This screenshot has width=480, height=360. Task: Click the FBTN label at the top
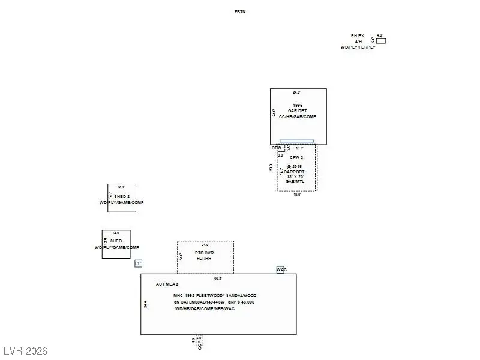tap(240, 11)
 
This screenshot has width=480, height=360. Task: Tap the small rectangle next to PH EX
tap(381, 41)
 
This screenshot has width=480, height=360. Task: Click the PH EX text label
tap(358, 36)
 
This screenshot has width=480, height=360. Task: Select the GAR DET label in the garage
tap(298, 111)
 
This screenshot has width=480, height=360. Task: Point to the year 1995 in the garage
tap(298, 106)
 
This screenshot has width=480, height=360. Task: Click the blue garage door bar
tap(296, 142)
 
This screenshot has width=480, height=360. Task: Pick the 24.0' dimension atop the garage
tap(296, 92)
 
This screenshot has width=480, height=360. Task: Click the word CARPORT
tap(294, 171)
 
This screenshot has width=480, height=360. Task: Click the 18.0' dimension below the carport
tap(296, 194)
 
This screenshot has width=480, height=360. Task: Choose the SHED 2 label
tap(121, 197)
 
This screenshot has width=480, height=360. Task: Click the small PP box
tap(138, 263)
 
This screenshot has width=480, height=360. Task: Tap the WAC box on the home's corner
tap(281, 270)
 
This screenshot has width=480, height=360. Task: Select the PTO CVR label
tap(204, 253)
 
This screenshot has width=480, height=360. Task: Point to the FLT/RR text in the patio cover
tap(204, 259)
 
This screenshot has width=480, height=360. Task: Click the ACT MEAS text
tap(167, 284)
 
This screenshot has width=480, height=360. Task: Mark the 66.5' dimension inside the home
tap(218, 278)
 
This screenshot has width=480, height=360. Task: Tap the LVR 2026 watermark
tap(25, 350)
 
